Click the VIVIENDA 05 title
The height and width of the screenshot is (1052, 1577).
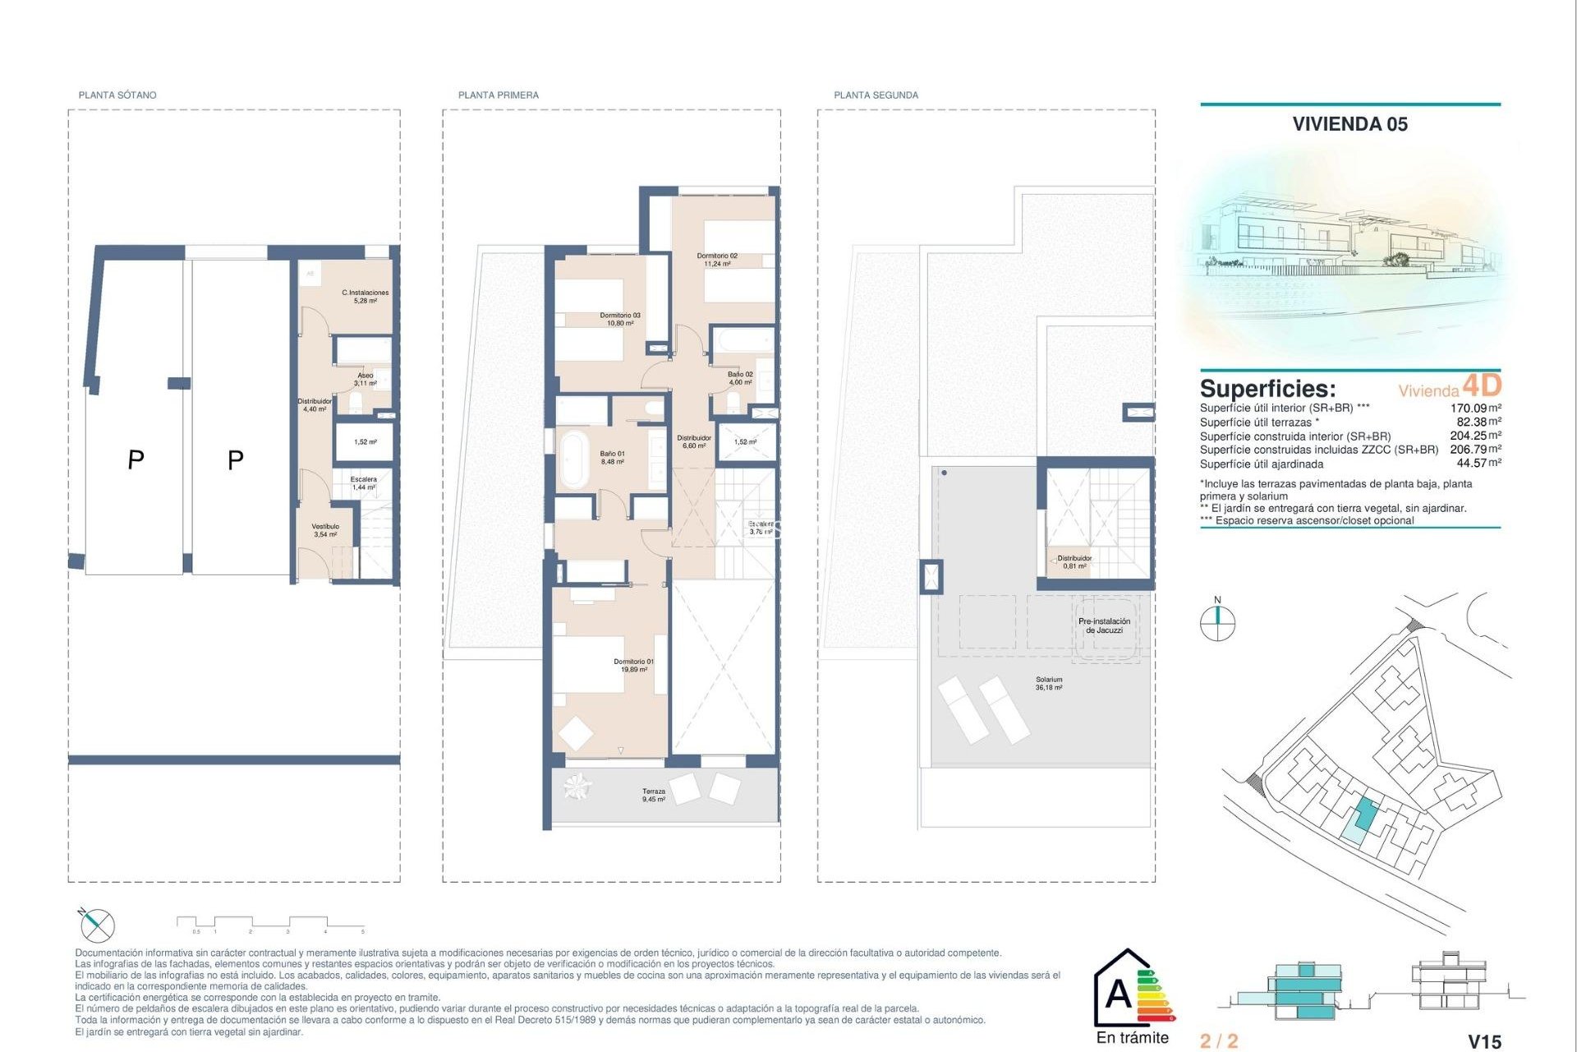(1349, 124)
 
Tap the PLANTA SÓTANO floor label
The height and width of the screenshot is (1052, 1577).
(117, 95)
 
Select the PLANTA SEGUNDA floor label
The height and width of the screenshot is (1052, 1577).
(876, 95)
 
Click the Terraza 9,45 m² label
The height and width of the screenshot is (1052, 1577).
(654, 795)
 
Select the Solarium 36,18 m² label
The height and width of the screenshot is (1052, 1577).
(1049, 683)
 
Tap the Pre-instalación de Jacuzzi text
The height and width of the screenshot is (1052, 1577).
(1104, 625)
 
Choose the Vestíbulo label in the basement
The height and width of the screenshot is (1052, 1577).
(325, 530)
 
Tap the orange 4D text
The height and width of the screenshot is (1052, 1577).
(1482, 385)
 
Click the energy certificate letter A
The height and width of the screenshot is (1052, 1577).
(1118, 994)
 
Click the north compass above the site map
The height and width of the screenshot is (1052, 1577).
(1217, 622)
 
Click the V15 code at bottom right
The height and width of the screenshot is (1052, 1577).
(1484, 1041)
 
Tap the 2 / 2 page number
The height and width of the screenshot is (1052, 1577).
(1218, 1041)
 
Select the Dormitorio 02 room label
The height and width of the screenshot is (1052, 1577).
(717, 260)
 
